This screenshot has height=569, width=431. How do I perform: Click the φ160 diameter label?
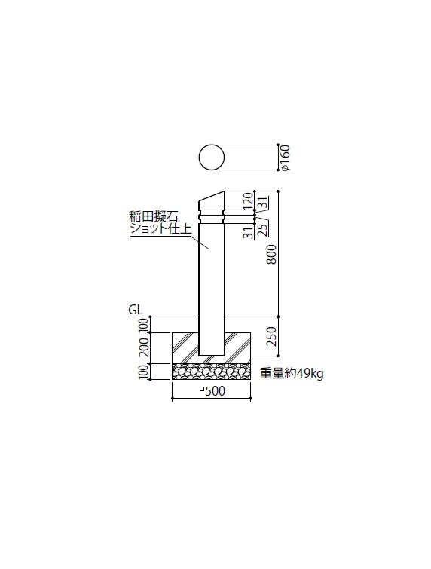[x=286, y=158]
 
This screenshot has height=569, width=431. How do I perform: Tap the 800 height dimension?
[x=272, y=254]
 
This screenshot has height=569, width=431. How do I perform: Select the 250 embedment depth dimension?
[x=272, y=336]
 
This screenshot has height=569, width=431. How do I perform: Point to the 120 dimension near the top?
[x=247, y=200]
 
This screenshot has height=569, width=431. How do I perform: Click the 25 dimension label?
[x=263, y=229]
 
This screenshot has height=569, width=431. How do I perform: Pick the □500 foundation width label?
[x=212, y=391]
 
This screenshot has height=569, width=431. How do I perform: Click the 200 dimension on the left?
[x=145, y=347]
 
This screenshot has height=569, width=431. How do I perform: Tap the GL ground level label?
[x=136, y=310]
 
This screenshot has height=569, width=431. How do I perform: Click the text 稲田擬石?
[x=154, y=217]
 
